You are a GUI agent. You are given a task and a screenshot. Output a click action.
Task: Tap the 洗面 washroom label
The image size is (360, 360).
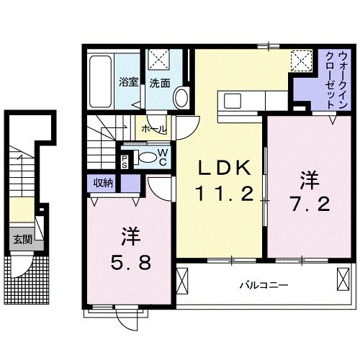point(160,83)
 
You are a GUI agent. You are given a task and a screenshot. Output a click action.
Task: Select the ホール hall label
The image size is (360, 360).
point(154,130)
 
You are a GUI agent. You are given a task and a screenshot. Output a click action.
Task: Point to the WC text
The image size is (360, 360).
point(163,156)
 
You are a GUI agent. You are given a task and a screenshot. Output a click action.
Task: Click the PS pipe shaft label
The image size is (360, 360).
point(126,160)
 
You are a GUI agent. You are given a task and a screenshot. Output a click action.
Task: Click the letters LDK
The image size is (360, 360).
point(225,168)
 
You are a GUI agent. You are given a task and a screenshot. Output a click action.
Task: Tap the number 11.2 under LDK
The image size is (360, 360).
point(225,192)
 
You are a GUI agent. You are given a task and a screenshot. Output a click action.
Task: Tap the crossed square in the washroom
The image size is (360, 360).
point(158,58)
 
